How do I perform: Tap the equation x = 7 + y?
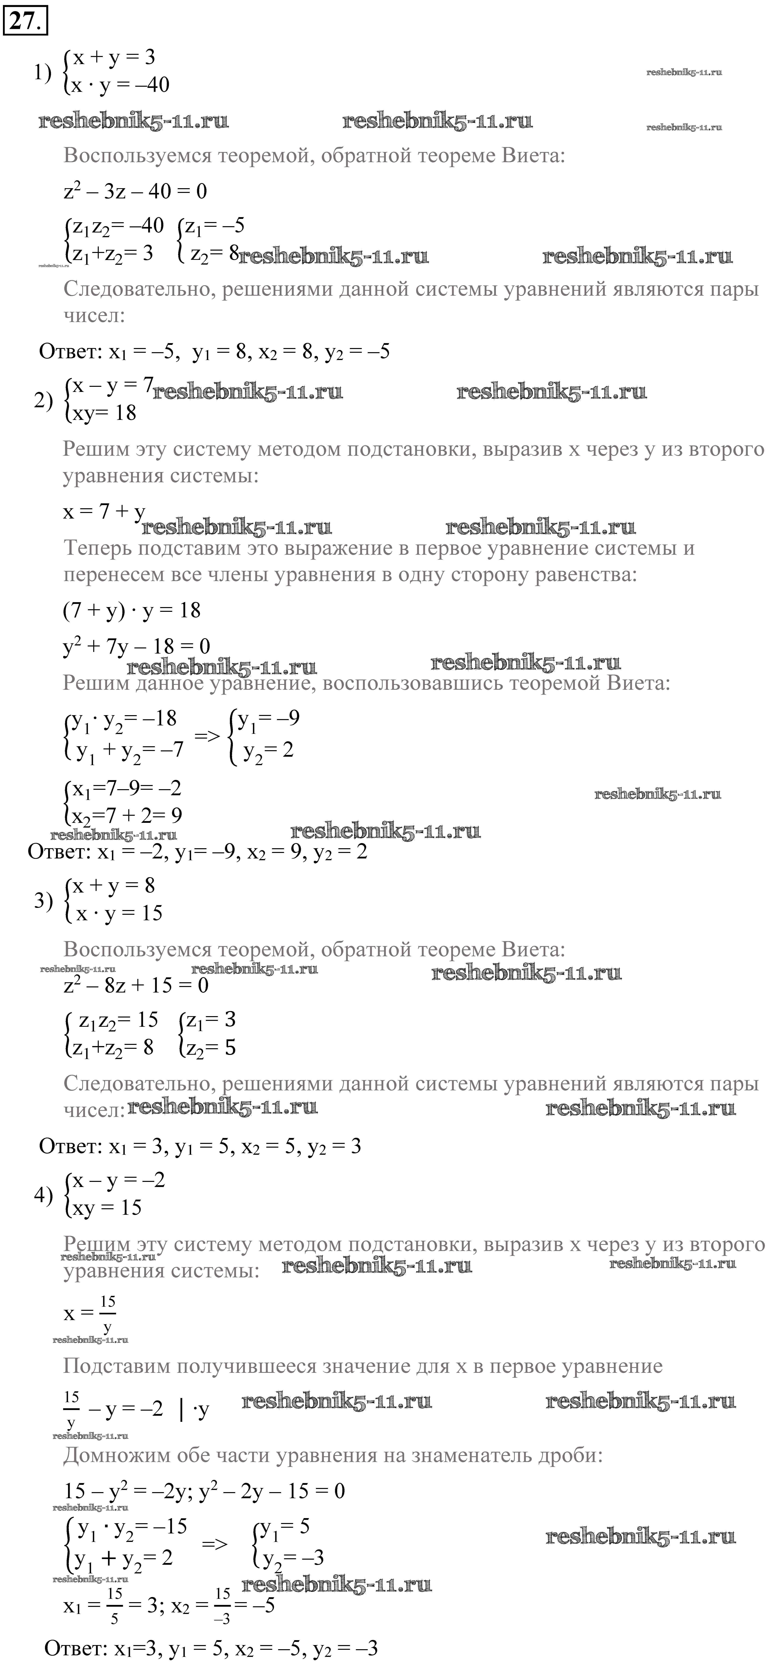point(104,512)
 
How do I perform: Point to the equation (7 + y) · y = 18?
point(132,610)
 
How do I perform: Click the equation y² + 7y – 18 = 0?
point(136,646)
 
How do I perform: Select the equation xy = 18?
point(104,413)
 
